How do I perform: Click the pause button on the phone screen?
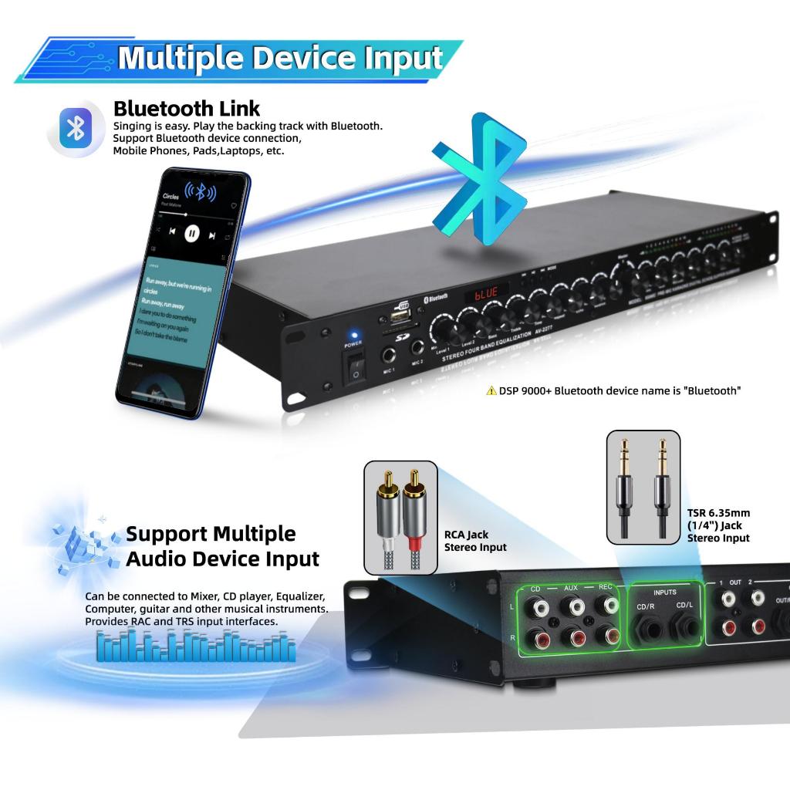tap(192, 231)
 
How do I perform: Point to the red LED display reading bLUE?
tap(486, 293)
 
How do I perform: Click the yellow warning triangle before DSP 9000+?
tap(491, 391)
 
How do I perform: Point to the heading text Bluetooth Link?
tap(187, 108)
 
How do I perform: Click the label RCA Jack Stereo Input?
tap(475, 541)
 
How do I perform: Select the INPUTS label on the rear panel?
tap(664, 592)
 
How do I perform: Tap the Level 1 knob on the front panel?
tap(443, 328)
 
